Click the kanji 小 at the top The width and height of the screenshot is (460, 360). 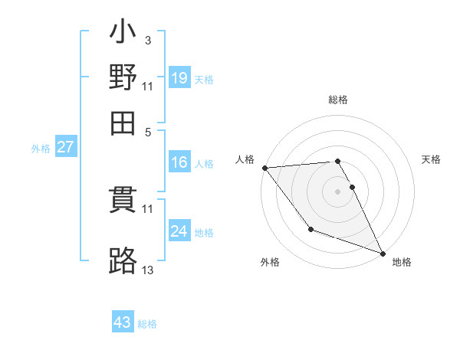[x=123, y=35]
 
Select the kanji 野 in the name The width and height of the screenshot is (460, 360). [x=123, y=77]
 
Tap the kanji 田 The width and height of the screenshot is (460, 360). [x=123, y=121]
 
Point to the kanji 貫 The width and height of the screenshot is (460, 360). [x=123, y=202]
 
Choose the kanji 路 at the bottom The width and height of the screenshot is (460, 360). [x=123, y=260]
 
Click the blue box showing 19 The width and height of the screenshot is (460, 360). [x=179, y=77]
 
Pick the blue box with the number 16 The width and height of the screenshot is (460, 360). [x=179, y=162]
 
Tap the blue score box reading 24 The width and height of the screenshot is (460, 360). [x=179, y=231]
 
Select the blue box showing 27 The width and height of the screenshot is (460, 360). [x=65, y=147]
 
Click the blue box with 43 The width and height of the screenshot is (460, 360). [x=123, y=322]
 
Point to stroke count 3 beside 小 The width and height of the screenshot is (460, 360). [x=147, y=41]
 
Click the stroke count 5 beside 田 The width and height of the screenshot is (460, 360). [x=149, y=131]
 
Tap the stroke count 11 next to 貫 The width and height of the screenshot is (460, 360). [x=148, y=208]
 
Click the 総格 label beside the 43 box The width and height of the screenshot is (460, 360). [x=148, y=324]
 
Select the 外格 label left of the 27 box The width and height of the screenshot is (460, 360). [x=41, y=149]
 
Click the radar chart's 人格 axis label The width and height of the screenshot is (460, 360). [x=245, y=159]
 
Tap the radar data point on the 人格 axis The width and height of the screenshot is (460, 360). [x=264, y=167]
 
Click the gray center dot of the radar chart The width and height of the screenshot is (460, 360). [x=337, y=191]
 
